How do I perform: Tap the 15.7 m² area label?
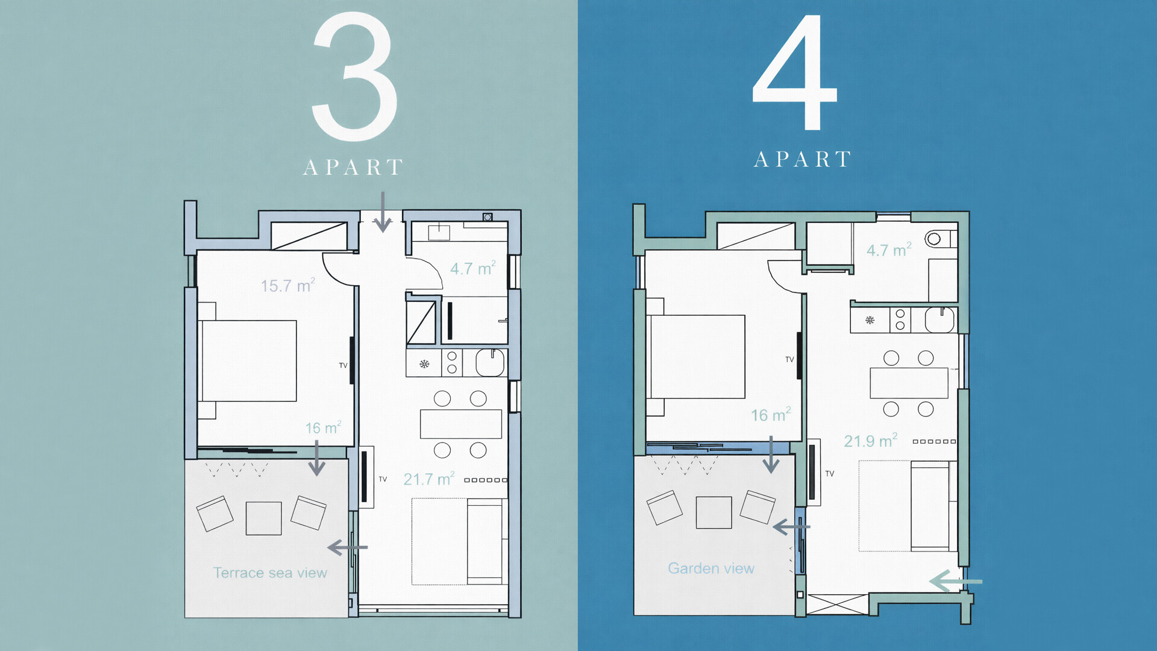(x=287, y=285)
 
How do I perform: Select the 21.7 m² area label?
(x=428, y=479)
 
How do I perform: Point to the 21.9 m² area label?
(x=870, y=441)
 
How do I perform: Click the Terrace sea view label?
(x=270, y=573)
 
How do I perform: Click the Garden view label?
(x=711, y=568)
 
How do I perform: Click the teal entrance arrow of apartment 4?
(x=956, y=582)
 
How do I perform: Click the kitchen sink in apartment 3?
(x=490, y=363)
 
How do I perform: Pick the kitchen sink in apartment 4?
(x=939, y=319)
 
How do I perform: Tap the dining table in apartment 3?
(x=461, y=424)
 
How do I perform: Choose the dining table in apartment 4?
(x=909, y=383)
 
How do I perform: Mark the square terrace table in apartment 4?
(x=713, y=512)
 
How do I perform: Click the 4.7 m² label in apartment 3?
(x=473, y=268)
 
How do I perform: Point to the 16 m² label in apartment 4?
(x=771, y=415)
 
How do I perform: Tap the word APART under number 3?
(x=353, y=167)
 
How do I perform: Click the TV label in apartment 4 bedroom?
(x=789, y=359)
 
